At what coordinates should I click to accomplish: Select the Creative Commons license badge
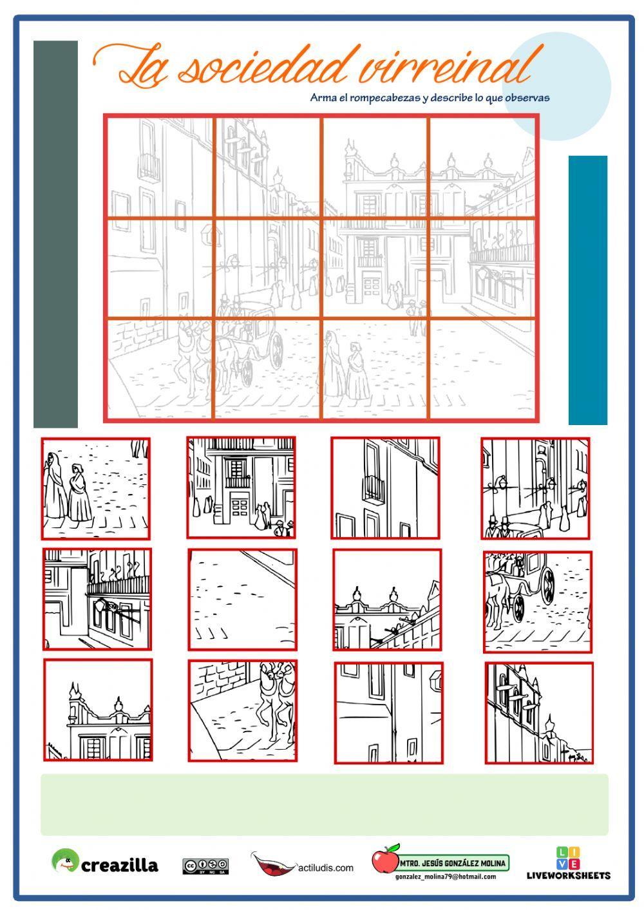[x=205, y=866]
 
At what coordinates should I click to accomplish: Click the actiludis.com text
[x=326, y=867]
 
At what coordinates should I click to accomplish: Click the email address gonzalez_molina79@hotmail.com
[x=445, y=877]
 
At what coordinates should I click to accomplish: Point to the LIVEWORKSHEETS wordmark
[x=569, y=875]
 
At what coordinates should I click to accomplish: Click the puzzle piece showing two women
[x=96, y=489]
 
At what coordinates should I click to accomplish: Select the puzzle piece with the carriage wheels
[x=538, y=602]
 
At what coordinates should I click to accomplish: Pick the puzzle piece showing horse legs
[x=243, y=710]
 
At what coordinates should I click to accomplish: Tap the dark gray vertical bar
[x=55, y=234]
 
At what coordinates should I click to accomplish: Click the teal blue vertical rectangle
[x=588, y=290]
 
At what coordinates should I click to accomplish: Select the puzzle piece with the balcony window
[x=385, y=488]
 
